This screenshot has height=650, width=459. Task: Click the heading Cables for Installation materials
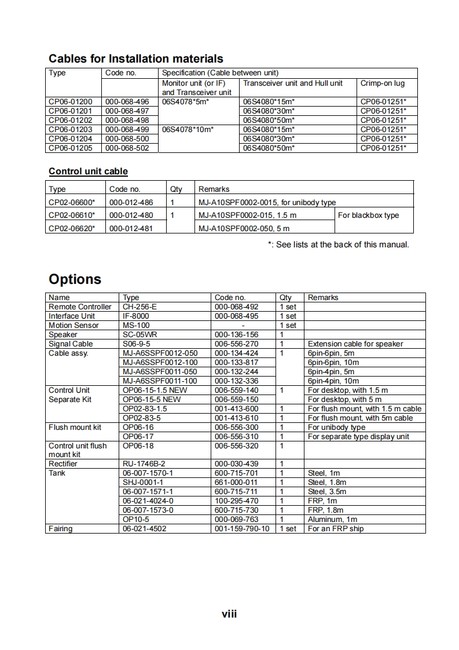[135, 59]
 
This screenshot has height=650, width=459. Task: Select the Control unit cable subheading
[88, 171]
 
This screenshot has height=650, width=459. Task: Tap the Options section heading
[75, 279]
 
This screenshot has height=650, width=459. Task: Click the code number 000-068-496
[127, 101]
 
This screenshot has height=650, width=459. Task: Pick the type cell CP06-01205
[70, 148]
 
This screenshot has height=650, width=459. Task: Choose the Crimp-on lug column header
[382, 83]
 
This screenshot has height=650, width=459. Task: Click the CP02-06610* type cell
[72, 215]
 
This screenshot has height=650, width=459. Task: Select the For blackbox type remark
[368, 215]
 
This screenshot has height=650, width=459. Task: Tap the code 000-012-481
[131, 228]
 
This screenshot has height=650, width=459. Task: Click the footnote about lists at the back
[338, 244]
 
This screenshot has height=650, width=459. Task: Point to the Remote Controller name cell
[80, 306]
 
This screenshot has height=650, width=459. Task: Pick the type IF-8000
[135, 316]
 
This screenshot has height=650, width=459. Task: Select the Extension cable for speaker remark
[355, 344]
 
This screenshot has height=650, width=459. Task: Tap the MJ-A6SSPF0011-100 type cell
[160, 381]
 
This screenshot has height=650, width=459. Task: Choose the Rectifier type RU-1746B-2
[144, 464]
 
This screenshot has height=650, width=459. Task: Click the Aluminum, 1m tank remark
[332, 520]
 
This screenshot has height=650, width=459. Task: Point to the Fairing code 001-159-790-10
[241, 528]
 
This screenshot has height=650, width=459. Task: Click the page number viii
[229, 614]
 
